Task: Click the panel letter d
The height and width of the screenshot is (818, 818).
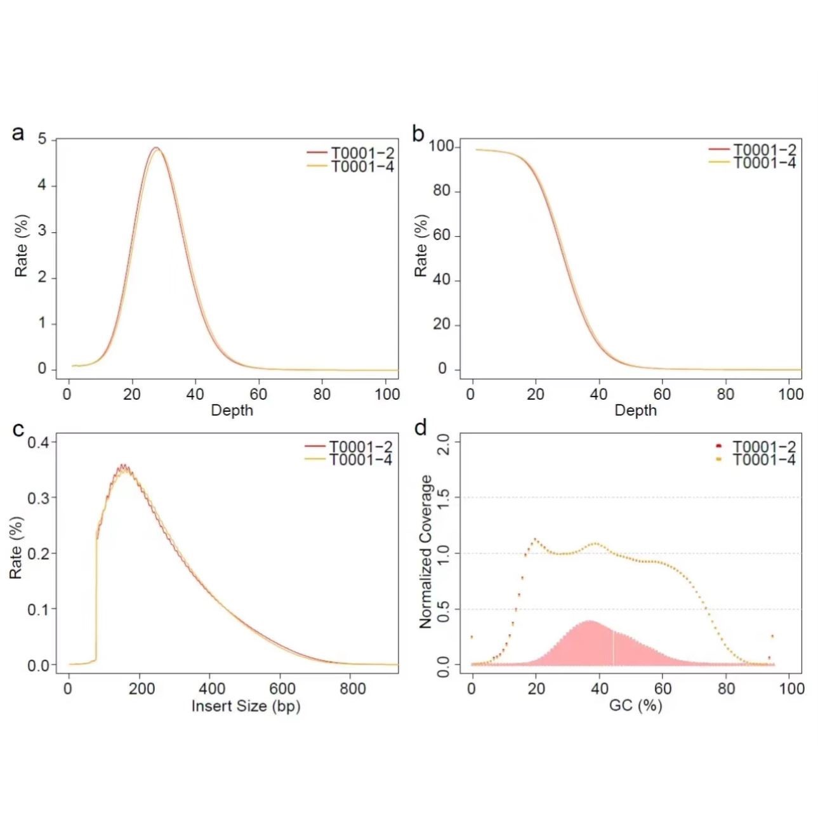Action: tap(420, 429)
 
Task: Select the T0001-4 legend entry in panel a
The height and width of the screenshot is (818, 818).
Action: tap(362, 167)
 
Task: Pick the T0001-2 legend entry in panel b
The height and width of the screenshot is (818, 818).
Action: tap(764, 150)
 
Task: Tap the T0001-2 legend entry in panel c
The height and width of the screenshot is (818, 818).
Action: tap(360, 447)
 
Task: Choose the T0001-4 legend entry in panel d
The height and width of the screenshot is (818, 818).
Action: tap(763, 459)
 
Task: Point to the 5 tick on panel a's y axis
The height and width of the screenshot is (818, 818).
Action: tap(43, 139)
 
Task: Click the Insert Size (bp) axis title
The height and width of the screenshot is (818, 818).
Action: tap(246, 706)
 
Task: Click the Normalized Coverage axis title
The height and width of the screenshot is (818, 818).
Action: tap(426, 551)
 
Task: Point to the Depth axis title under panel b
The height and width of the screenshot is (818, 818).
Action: tap(636, 411)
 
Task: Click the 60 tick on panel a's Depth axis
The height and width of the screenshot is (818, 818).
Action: tap(258, 394)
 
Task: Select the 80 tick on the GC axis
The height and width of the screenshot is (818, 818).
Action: tap(726, 689)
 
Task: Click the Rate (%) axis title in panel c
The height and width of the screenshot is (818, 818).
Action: tap(17, 547)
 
